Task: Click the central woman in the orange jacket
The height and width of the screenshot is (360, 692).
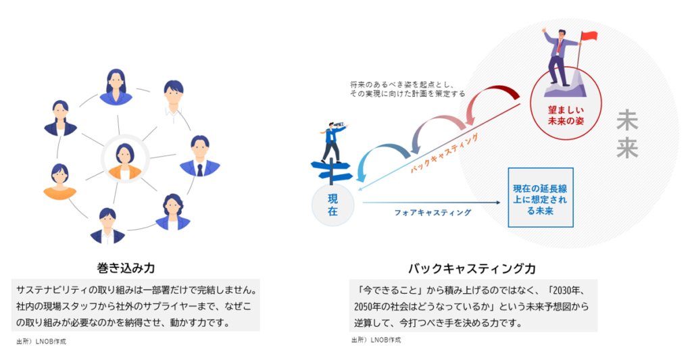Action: coord(125,161)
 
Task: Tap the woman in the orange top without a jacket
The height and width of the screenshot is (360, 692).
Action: coord(60,182)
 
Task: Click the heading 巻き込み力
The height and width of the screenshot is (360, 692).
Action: coord(126,267)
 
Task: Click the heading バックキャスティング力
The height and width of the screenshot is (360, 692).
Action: coord(472,268)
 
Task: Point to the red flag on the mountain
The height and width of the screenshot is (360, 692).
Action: coord(588,37)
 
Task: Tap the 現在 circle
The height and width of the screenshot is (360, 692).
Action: coord(332,205)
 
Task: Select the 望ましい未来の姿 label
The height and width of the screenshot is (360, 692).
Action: coord(566,115)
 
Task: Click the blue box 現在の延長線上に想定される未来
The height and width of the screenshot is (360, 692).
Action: coord(541,197)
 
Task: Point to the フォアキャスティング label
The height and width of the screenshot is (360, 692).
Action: coord(432,213)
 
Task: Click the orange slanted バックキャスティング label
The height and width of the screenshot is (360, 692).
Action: coord(445,153)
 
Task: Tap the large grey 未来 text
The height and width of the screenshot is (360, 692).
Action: coord(627,134)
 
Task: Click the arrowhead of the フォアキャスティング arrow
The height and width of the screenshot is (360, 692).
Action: coord(498,203)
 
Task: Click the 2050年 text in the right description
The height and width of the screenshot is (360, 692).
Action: coord(366,307)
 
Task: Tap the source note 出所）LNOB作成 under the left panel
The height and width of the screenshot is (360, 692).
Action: coord(41,342)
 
